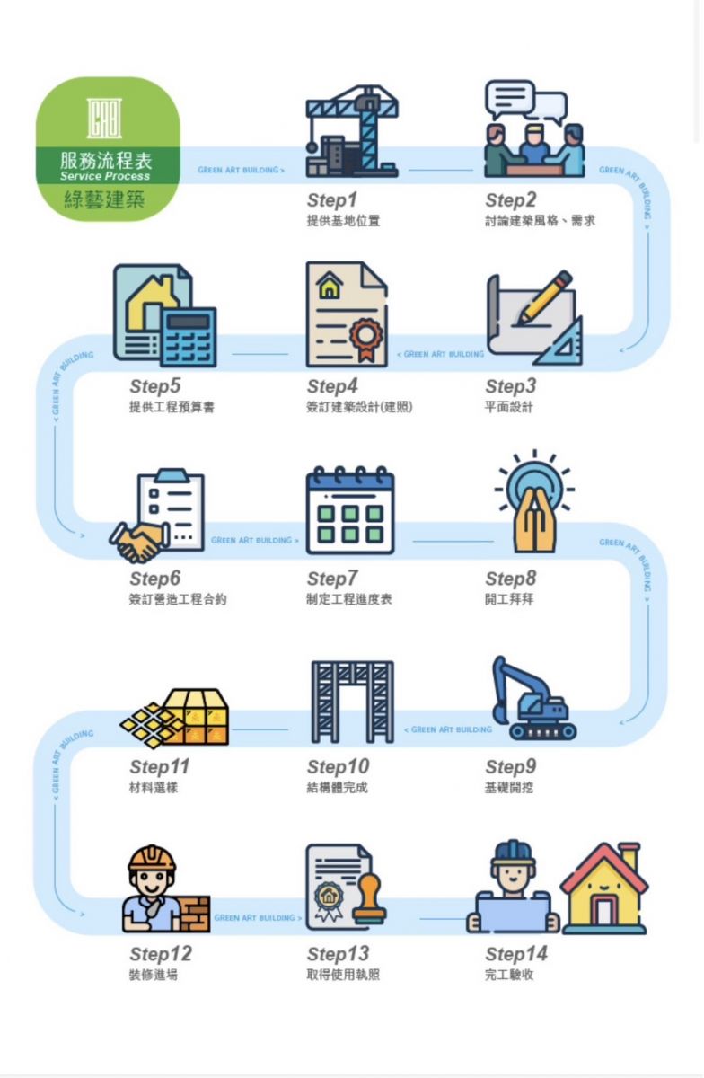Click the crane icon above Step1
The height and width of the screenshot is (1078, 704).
click(x=352, y=131)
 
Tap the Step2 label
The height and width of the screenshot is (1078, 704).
click(x=510, y=199)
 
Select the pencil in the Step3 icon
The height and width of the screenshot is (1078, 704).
click(x=544, y=296)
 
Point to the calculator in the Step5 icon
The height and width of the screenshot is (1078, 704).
click(x=188, y=337)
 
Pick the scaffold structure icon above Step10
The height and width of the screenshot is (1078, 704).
click(x=352, y=702)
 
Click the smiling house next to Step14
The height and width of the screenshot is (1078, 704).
click(x=604, y=889)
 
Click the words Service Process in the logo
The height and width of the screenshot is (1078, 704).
click(x=105, y=176)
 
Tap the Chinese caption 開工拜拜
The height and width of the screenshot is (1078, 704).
click(x=509, y=599)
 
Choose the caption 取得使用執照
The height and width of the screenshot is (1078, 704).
click(x=343, y=975)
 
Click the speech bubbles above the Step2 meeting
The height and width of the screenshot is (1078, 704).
click(x=526, y=102)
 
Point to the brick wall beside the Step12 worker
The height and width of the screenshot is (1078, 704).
click(x=194, y=914)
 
